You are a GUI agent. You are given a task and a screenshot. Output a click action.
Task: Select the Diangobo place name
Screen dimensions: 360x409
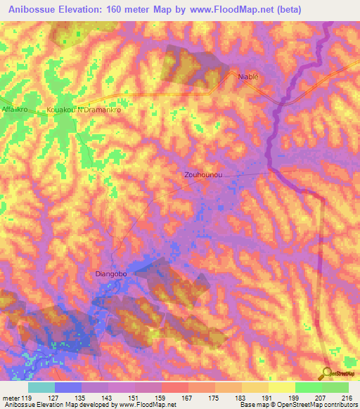coord(110,274)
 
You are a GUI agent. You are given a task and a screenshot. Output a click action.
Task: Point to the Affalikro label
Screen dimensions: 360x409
coord(15,110)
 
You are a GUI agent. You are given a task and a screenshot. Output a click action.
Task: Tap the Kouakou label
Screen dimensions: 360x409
coord(60,110)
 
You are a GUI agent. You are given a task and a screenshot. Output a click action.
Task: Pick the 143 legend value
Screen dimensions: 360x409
coord(108,398)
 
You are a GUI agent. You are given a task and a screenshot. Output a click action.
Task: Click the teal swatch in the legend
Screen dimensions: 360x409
coord(41,387)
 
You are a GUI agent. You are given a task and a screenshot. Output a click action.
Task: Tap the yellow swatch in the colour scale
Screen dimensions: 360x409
coord(281,387)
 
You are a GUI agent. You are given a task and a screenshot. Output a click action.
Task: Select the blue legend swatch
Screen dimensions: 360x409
coord(68,387)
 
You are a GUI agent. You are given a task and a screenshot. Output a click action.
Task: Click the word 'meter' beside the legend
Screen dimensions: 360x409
coord(11,398)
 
